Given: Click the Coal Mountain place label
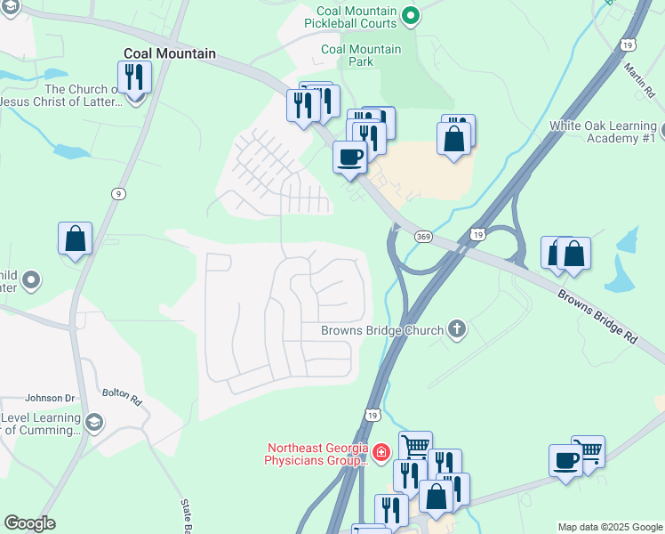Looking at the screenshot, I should tap(169, 53).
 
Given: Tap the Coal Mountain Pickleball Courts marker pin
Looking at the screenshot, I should tap(410, 14).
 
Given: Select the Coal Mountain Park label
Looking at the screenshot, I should tap(361, 55).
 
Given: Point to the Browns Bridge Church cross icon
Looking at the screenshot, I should tap(457, 329).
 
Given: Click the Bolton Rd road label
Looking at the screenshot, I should tap(122, 395).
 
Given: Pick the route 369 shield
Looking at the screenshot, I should tap(423, 236).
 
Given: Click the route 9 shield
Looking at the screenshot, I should tap(117, 194).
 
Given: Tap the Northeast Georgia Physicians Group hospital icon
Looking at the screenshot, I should tap(381, 453).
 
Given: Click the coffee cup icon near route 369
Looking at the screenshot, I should tap(349, 157).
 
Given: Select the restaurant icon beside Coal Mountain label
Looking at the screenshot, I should tap(134, 76).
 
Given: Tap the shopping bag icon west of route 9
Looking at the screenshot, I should tap(76, 238).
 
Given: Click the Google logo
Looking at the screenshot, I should tap(29, 523).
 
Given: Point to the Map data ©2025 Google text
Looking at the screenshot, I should tap(610, 527).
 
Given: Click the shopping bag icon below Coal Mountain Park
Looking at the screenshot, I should tap(453, 139).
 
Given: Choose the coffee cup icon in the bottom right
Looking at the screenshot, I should tap(565, 460).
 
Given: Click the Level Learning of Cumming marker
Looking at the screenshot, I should tap(94, 421).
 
